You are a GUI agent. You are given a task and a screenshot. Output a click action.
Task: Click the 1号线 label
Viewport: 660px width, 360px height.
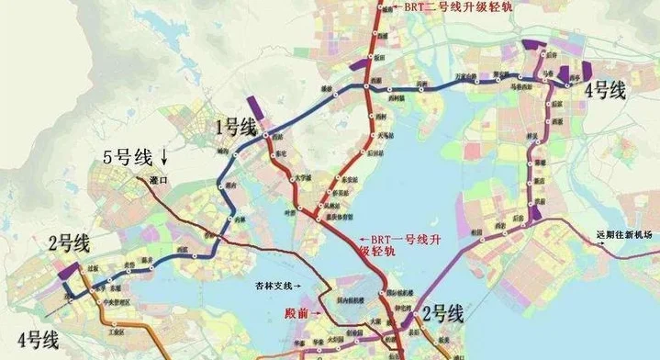[235, 128]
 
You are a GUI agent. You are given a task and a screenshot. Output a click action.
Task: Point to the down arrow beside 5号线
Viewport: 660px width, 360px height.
[165, 155]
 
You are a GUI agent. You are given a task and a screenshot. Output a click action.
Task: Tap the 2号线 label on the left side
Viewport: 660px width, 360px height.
[69, 242]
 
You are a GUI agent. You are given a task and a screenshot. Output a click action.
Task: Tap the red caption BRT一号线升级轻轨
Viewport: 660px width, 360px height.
[404, 243]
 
